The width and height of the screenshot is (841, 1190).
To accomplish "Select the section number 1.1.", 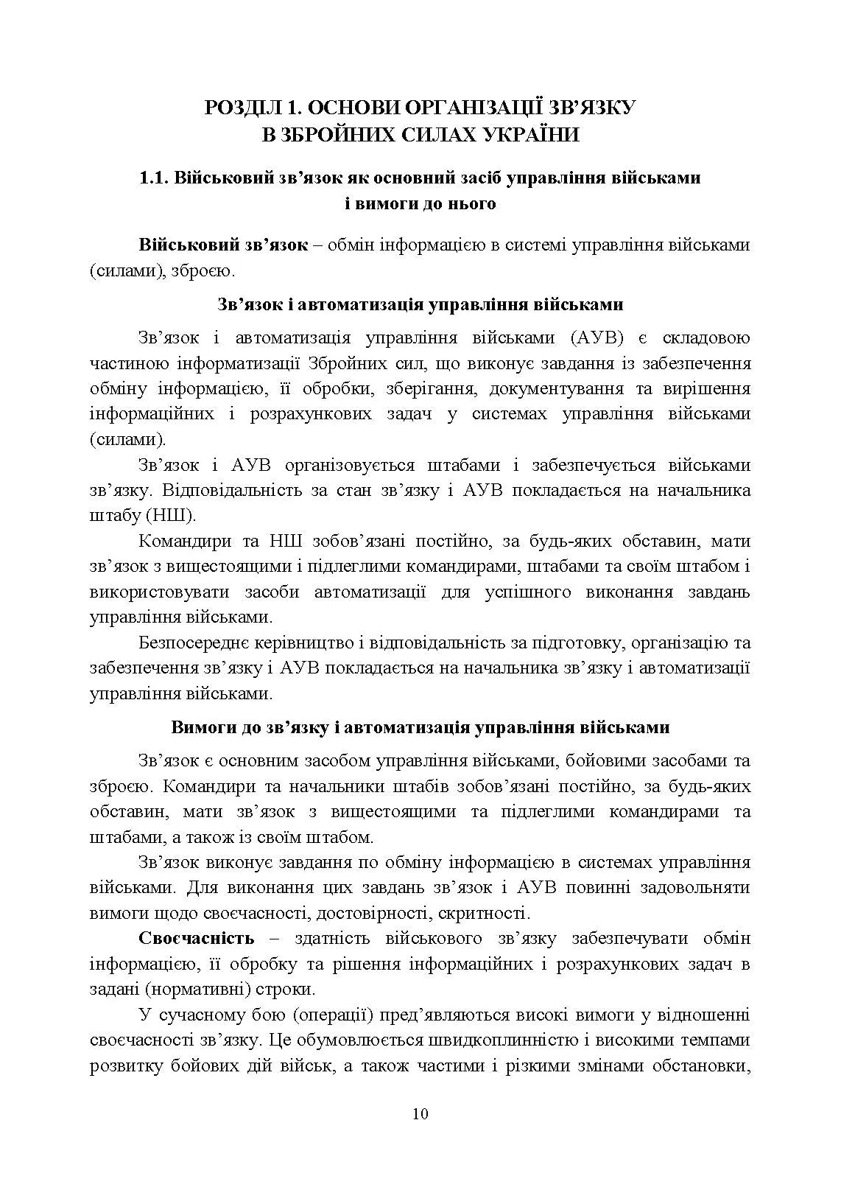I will click(155, 178).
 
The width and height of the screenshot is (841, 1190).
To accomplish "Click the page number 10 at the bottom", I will click(420, 1113).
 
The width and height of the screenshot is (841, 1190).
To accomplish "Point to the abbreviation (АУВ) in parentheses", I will click(597, 337).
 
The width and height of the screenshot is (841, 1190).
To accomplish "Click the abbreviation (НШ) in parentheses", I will click(170, 514).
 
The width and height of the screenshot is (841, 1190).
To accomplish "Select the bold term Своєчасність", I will click(197, 938).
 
